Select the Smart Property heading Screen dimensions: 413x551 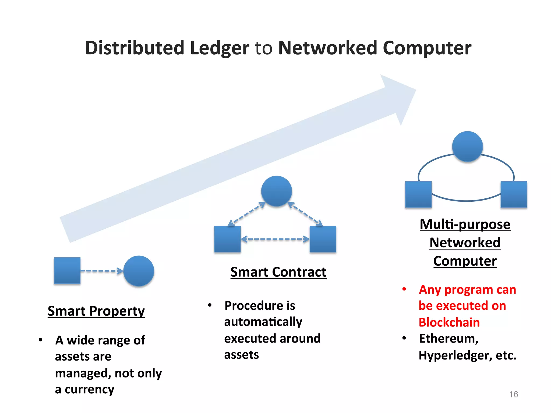[96, 311]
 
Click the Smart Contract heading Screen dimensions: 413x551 [278, 272]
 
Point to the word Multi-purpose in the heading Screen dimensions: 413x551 [465, 224]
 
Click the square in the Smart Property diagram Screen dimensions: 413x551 [67, 270]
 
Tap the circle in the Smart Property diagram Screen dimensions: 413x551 [139, 271]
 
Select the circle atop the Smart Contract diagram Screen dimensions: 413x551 [276, 191]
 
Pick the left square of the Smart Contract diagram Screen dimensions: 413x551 [227, 239]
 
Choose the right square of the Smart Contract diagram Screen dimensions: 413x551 [323, 239]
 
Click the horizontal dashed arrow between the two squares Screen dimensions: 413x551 [275, 239]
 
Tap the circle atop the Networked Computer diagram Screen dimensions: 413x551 [467, 147]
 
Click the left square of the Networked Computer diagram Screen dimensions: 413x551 [418, 194]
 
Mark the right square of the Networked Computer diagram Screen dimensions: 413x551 [514, 194]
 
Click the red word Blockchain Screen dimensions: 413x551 [449, 322]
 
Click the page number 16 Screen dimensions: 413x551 [513, 394]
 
